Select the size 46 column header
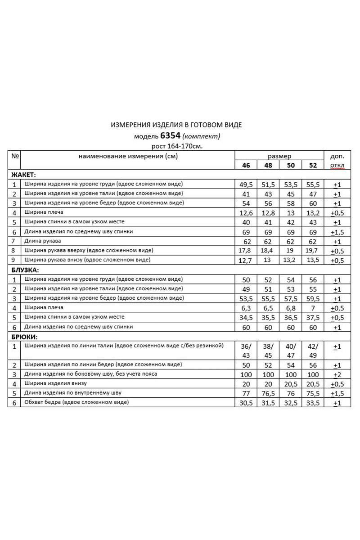point(246,165)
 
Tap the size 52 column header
point(313,165)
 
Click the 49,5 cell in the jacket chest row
point(246,184)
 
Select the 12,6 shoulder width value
point(246,213)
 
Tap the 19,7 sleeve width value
point(313,251)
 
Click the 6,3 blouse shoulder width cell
point(246,308)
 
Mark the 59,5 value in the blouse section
point(313,299)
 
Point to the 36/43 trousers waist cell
point(246,351)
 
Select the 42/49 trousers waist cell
point(313,351)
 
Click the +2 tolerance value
point(337,374)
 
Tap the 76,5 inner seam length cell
point(269,393)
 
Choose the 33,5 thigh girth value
point(313,403)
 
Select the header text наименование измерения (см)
point(128,156)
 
